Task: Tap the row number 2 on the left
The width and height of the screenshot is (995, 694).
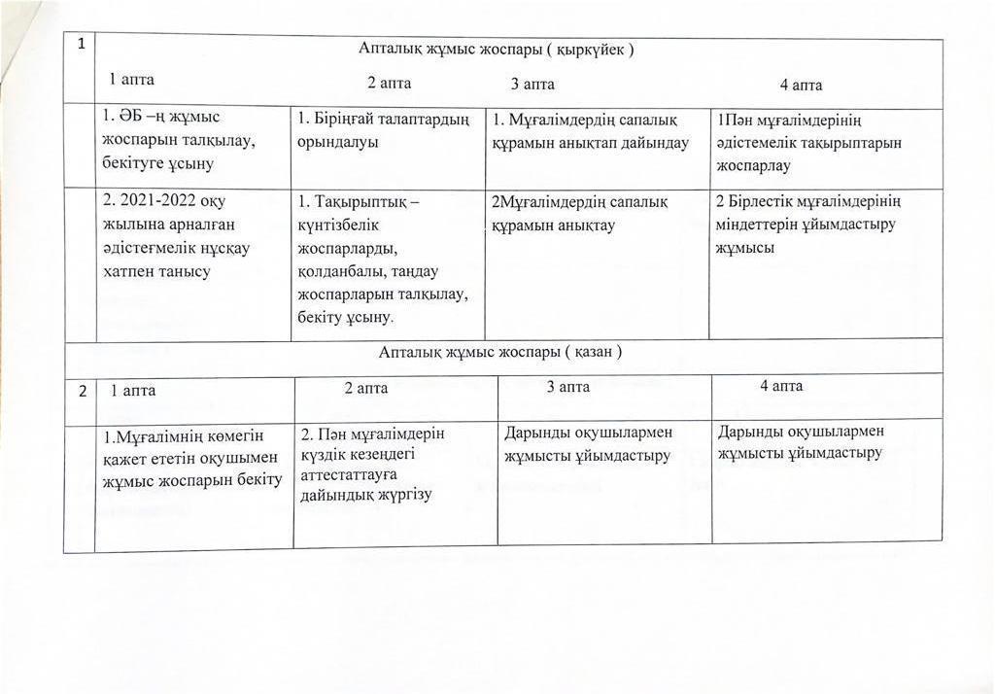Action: click(x=83, y=391)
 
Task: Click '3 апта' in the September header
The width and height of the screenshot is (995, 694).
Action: click(x=533, y=85)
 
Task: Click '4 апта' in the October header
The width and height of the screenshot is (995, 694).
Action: click(x=781, y=387)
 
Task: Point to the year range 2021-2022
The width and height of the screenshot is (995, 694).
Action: click(x=155, y=203)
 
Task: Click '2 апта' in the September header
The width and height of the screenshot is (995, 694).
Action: click(x=389, y=84)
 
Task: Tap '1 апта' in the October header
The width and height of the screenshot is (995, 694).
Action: click(x=133, y=391)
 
